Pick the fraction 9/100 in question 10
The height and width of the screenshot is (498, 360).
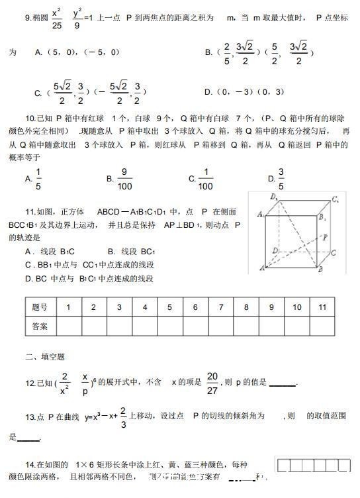point(125,179)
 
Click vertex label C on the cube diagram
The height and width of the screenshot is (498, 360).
point(334,253)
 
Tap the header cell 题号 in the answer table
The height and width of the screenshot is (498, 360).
point(40,307)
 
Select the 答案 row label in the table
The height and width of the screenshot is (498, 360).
point(40,326)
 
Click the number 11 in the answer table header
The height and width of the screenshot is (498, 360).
point(323,307)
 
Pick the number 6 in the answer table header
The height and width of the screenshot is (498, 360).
point(195,307)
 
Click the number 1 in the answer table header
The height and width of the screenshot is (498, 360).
point(67,307)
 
